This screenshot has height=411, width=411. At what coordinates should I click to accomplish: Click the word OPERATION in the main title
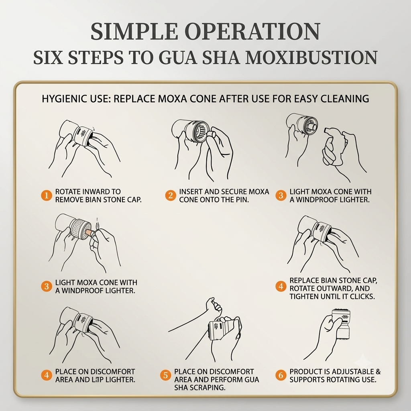point(253,31)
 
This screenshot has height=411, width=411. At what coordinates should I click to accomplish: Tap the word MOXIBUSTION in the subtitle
point(311,57)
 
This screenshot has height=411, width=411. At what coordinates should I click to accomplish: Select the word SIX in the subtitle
point(48,57)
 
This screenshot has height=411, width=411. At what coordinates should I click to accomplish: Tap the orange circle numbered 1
point(47,195)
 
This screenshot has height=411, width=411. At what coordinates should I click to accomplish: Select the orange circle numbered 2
point(170,195)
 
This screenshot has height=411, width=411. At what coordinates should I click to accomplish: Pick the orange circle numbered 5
point(166,375)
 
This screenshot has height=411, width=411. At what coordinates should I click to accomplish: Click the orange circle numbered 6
point(281,375)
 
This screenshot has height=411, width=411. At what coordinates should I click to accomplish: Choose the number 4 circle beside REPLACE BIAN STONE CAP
point(281,286)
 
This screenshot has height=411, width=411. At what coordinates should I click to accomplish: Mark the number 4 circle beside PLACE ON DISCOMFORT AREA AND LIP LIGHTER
point(47,375)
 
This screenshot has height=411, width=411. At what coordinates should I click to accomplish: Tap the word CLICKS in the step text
point(362,297)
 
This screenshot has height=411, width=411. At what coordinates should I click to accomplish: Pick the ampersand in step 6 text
point(378,372)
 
